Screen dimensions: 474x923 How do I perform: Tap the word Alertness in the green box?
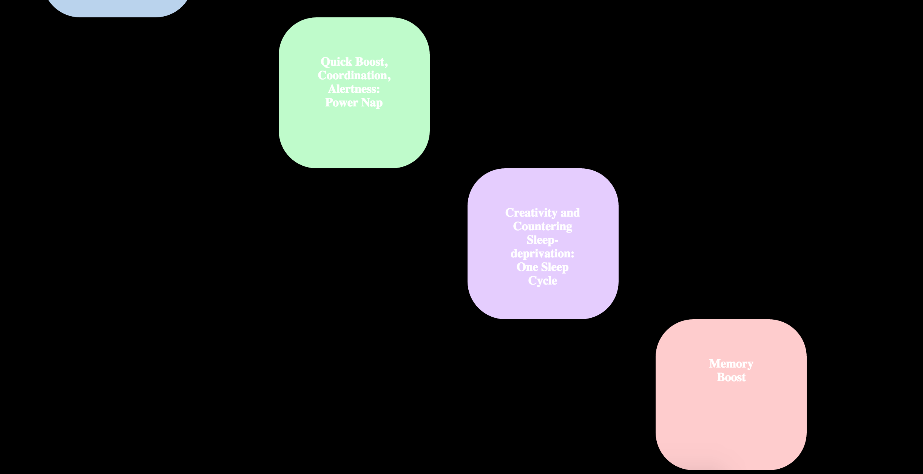pyautogui.click(x=353, y=89)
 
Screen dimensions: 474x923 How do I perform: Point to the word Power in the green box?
pyautogui.click(x=341, y=103)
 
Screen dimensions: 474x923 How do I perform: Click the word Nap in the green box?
pyautogui.click(x=372, y=103)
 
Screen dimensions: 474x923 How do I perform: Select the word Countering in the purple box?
pyautogui.click(x=543, y=226)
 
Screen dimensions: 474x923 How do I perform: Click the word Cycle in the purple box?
pyautogui.click(x=543, y=281)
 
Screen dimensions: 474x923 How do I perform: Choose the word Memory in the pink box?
pyautogui.click(x=731, y=364)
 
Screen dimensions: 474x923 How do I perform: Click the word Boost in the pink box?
pyautogui.click(x=731, y=377)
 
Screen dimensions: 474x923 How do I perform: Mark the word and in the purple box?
pyautogui.click(x=570, y=213)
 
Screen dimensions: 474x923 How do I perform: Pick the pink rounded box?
pyautogui.click(x=731, y=423)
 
